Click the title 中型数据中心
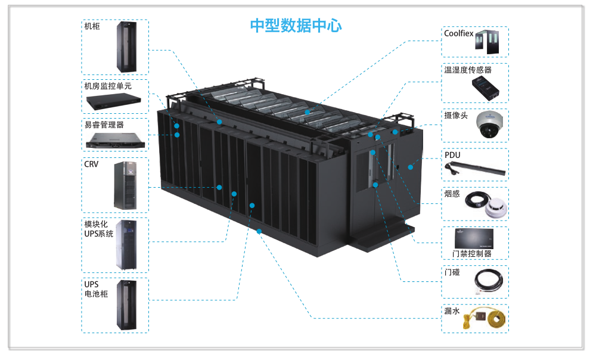click(x=296, y=26)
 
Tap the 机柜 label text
click(x=92, y=26)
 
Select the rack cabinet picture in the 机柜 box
click(x=126, y=47)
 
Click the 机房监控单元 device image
click(x=114, y=101)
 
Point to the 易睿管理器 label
click(x=104, y=125)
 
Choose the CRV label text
click(x=91, y=165)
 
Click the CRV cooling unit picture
click(x=125, y=185)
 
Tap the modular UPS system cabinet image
click(x=126, y=245)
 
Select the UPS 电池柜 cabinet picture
click(x=126, y=305)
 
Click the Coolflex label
click(x=459, y=33)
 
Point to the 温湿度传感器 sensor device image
click(x=486, y=88)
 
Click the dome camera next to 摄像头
click(x=489, y=125)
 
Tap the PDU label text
click(x=452, y=155)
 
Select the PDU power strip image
click(x=475, y=169)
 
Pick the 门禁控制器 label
click(x=472, y=254)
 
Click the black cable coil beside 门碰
click(x=489, y=282)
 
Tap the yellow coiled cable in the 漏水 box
click(x=496, y=319)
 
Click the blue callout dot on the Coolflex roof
click(x=308, y=112)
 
